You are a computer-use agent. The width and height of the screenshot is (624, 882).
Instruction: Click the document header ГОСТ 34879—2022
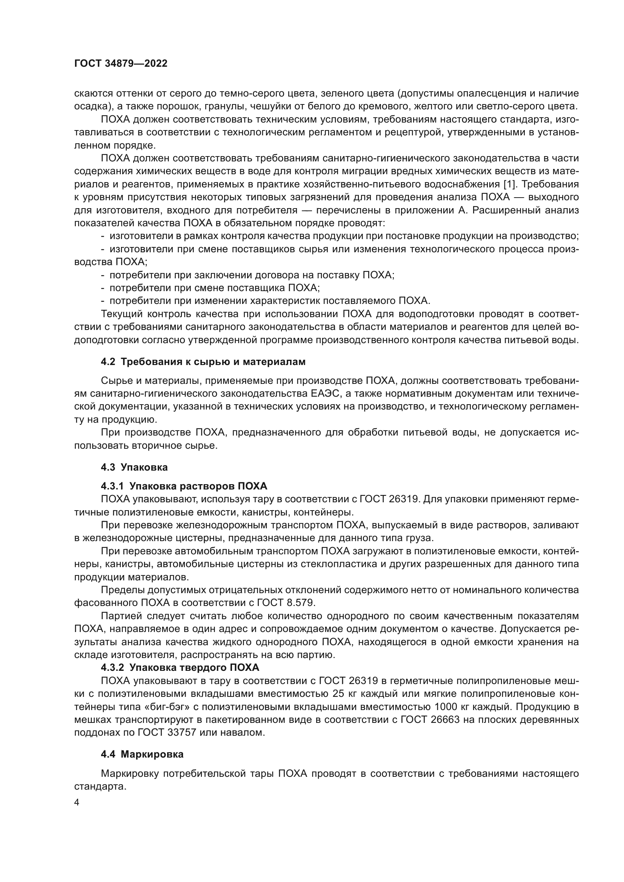coord(121,64)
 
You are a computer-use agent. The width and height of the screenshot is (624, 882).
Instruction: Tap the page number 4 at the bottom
coord(77,803)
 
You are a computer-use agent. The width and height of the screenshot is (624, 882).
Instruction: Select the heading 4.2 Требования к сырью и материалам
coord(203,362)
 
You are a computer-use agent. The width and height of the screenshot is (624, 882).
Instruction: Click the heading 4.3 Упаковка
coord(134,467)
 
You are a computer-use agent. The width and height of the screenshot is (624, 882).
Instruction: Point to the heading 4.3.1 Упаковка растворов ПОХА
coord(184,486)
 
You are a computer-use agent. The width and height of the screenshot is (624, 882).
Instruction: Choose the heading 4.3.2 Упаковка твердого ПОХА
coord(180,667)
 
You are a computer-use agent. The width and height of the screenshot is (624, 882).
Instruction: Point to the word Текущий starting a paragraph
coord(123,314)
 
